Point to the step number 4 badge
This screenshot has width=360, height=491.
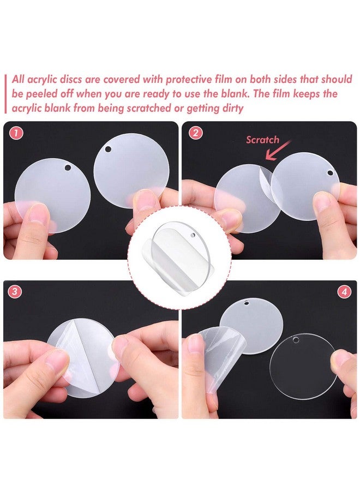point(344,292)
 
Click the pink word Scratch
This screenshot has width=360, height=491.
point(262,140)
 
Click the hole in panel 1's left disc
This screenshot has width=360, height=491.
point(68,167)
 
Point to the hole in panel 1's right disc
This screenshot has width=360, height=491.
point(108,149)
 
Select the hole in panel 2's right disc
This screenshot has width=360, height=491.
point(329,173)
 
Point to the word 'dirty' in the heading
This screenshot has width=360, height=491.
point(231,109)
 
